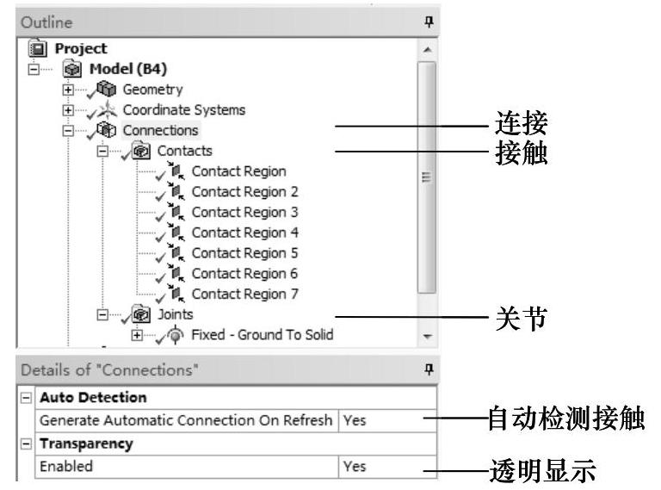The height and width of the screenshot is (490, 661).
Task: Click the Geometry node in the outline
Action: pos(152,90)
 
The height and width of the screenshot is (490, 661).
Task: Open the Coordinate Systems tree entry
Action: pos(183,110)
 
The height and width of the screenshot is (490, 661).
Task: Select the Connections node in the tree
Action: pos(160,131)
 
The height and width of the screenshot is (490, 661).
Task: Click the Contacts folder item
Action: pos(184,151)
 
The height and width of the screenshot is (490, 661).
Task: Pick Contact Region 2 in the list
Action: pos(244,192)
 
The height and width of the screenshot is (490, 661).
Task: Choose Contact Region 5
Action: pos(244,253)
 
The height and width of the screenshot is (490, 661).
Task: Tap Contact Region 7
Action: pos(244,294)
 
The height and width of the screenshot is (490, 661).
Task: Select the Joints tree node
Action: pos(175,314)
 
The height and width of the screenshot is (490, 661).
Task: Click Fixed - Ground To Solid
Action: pos(261,334)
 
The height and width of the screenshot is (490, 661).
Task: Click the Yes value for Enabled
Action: pos(355,467)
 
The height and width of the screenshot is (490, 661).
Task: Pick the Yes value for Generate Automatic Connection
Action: pos(355,422)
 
